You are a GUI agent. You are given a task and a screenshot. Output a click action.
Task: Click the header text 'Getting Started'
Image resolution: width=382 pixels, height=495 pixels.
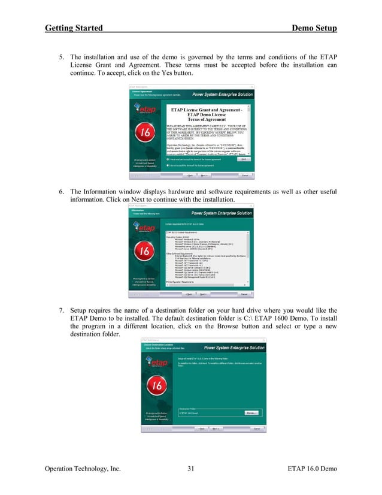click(x=73, y=28)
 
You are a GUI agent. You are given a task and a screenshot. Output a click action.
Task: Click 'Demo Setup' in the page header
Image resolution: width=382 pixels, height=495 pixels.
click(x=314, y=28)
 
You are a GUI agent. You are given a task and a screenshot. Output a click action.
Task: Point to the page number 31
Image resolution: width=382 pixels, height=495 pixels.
click(x=191, y=475)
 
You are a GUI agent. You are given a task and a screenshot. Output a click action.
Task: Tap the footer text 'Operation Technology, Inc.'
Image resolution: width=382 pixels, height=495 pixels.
click(x=83, y=475)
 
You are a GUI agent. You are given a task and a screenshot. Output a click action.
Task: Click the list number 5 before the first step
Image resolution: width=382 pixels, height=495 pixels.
click(x=60, y=57)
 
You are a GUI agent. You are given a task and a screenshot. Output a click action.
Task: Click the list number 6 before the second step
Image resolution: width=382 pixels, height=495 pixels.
click(x=60, y=191)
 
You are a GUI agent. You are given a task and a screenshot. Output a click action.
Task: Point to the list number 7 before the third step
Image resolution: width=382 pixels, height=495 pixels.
click(x=60, y=310)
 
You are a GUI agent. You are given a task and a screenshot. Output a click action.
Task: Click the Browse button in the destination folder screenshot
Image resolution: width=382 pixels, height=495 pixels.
click(x=251, y=413)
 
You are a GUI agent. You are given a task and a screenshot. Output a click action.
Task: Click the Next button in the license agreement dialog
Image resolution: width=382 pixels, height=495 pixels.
click(x=204, y=176)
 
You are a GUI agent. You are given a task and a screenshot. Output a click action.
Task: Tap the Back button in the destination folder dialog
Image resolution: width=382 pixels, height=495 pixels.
click(x=186, y=429)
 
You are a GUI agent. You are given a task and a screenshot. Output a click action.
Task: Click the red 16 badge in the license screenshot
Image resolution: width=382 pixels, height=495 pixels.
click(x=143, y=134)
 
